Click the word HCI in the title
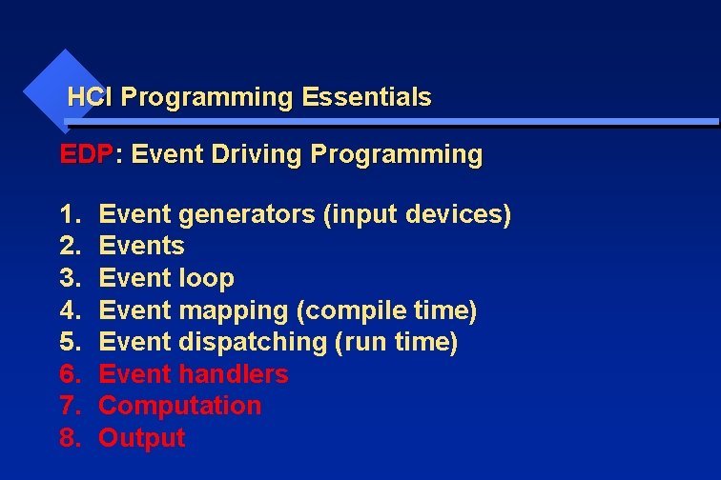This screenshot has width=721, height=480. pyautogui.click(x=91, y=97)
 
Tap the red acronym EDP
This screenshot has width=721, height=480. pyautogui.click(x=86, y=154)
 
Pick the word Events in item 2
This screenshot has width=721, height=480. pyautogui.click(x=141, y=246)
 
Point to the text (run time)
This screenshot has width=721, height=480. pyautogui.click(x=396, y=342)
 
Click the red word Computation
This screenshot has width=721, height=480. pyautogui.click(x=179, y=406)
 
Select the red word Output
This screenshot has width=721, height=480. pyautogui.click(x=141, y=438)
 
